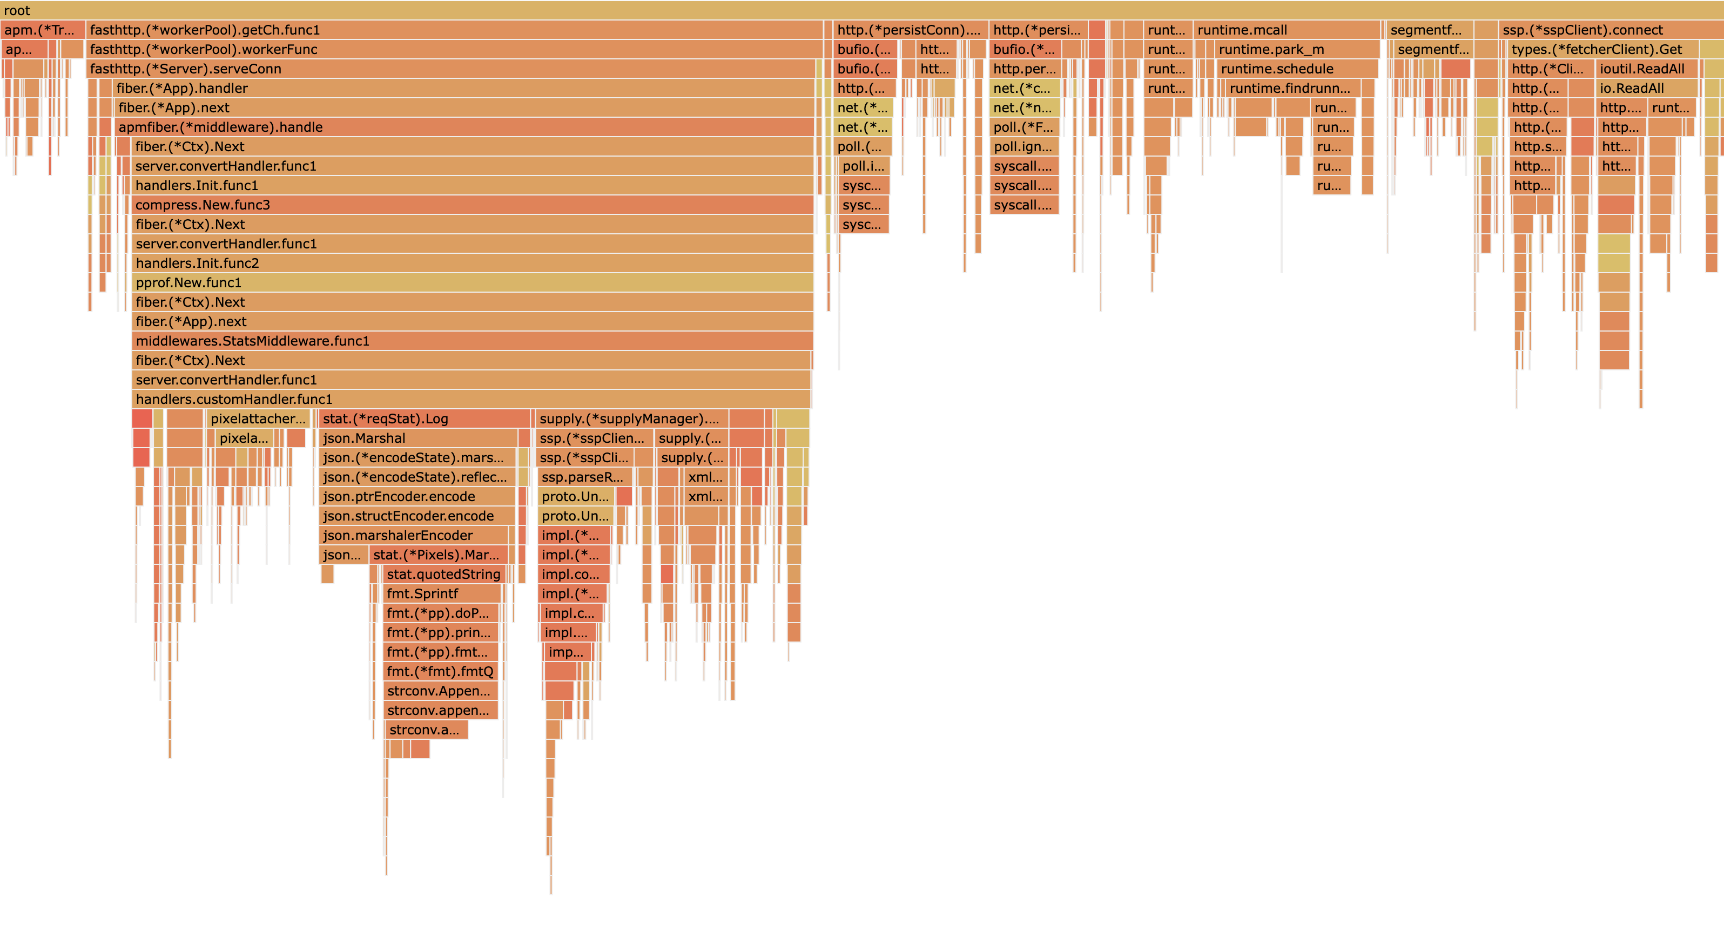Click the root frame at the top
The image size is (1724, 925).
[862, 10]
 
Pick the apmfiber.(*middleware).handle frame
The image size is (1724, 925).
[464, 126]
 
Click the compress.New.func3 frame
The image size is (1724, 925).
[473, 205]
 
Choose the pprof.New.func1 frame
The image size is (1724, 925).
[473, 282]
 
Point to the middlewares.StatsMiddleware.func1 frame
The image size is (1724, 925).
[473, 341]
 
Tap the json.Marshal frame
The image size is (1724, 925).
[418, 438]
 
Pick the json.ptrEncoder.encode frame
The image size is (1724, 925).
[417, 496]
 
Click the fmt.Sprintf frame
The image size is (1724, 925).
[442, 593]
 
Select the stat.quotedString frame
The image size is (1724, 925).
[443, 573]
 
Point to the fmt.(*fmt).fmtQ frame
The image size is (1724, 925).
[440, 671]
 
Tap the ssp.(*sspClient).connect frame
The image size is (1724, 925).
[1609, 30]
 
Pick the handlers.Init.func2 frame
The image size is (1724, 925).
[473, 263]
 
